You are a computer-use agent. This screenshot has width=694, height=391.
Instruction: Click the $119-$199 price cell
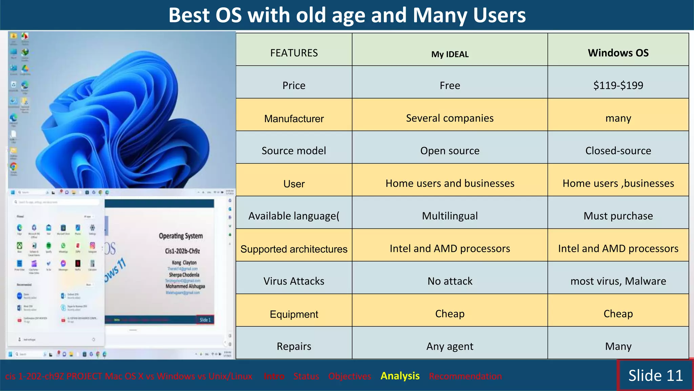618,85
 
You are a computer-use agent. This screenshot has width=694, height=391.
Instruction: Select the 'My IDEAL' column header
450,54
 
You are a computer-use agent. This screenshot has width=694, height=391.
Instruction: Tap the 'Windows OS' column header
618,53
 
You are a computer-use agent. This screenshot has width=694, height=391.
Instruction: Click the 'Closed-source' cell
618,150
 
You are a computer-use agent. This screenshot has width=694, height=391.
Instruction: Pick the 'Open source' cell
450,150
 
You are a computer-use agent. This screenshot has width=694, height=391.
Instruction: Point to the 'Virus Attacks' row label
294,281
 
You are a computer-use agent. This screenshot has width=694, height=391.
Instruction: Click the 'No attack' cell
450,281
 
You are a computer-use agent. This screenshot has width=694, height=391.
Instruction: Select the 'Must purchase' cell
618,216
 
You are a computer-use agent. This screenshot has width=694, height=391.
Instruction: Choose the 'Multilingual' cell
450,216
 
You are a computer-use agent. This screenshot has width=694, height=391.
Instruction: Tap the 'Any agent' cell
450,346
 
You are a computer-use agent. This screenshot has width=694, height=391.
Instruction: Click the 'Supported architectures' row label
294,249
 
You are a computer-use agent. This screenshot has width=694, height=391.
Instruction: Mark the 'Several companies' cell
450,118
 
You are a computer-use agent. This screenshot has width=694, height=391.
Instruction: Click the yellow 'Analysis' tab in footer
400,376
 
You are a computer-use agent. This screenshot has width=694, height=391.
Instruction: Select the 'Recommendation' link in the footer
465,376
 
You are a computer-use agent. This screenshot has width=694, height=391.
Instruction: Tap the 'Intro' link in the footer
274,376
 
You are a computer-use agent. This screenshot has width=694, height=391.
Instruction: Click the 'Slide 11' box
655,375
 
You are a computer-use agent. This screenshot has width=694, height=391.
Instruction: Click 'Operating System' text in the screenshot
181,236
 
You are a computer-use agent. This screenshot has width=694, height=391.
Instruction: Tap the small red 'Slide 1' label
205,320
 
